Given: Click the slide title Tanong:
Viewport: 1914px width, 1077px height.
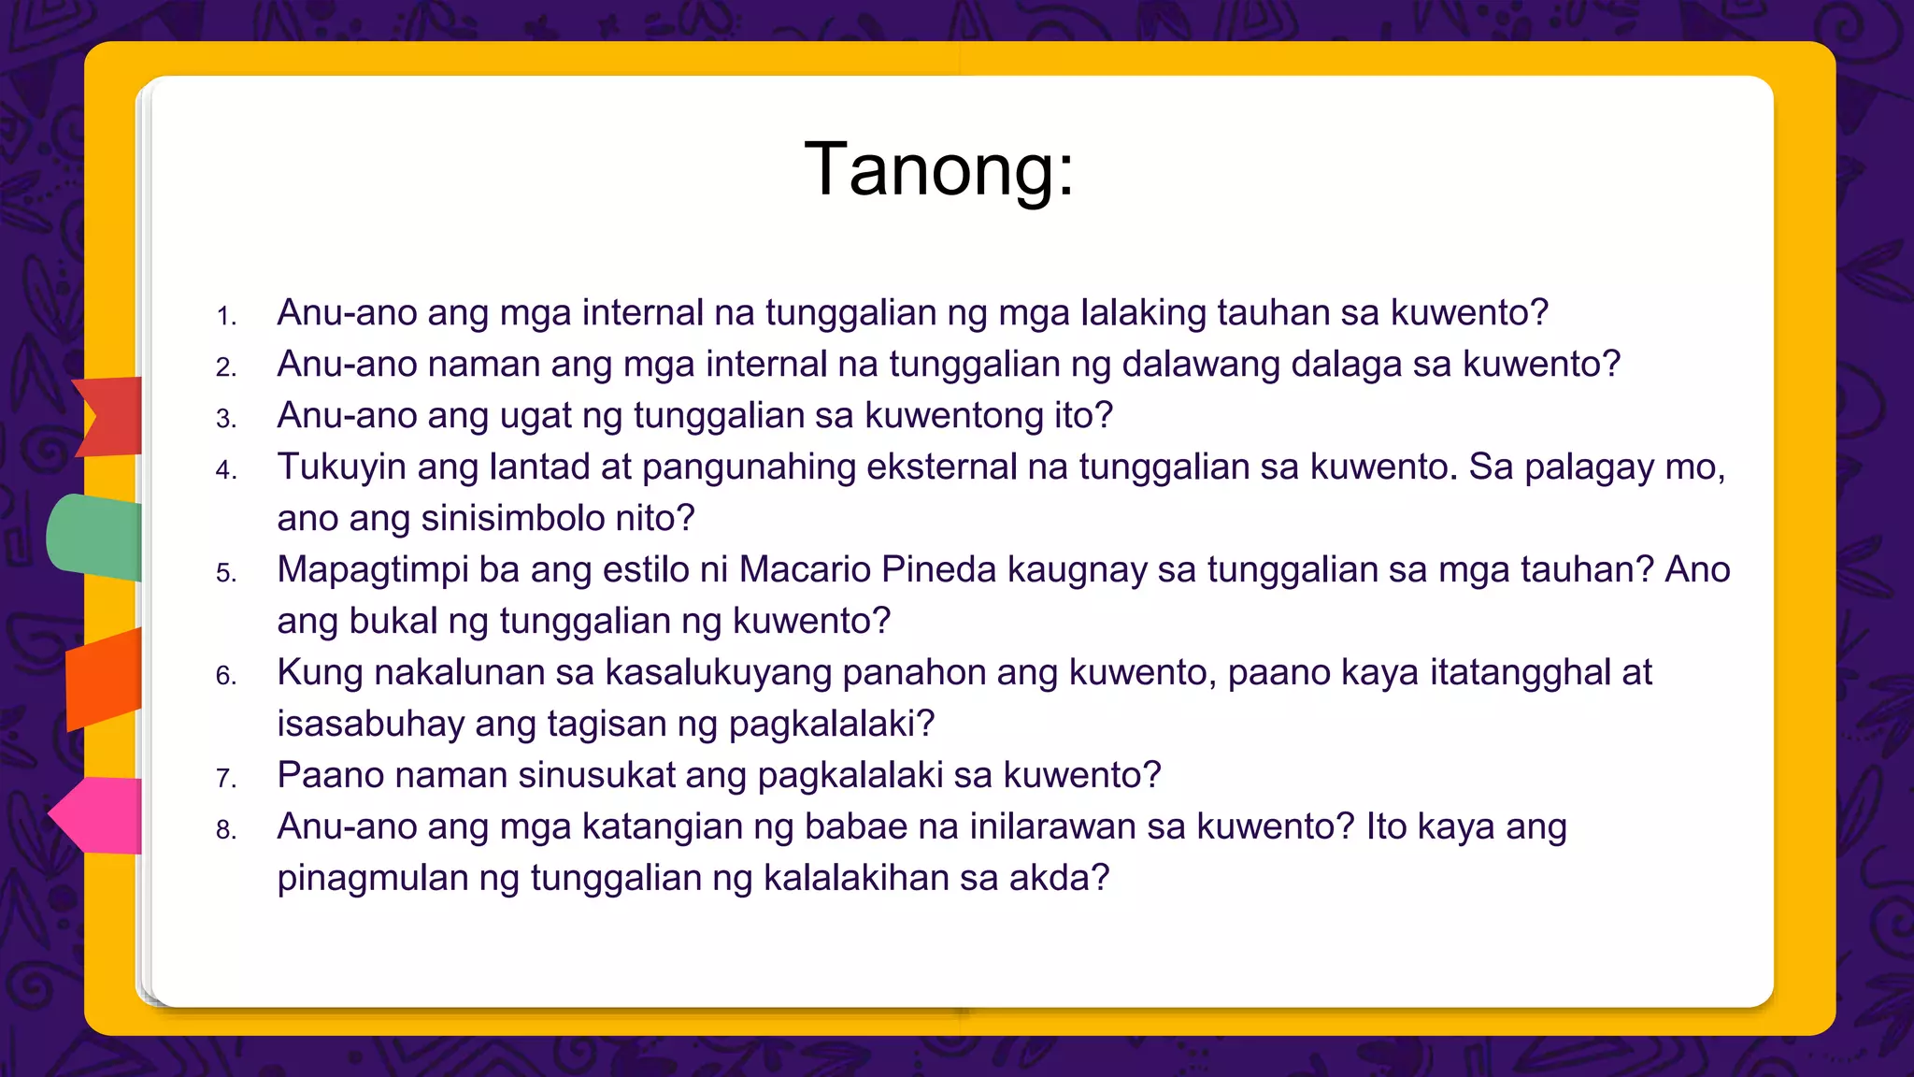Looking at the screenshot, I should [x=939, y=170].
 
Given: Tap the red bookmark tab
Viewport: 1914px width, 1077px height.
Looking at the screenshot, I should [x=110, y=416].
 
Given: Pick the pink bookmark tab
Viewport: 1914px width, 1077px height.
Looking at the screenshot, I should [x=99, y=815].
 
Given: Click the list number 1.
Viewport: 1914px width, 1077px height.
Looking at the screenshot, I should [x=226, y=316].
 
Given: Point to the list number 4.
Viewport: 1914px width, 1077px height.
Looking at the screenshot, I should [x=226, y=470].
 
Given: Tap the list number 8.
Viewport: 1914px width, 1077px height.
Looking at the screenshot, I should [x=226, y=830].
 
